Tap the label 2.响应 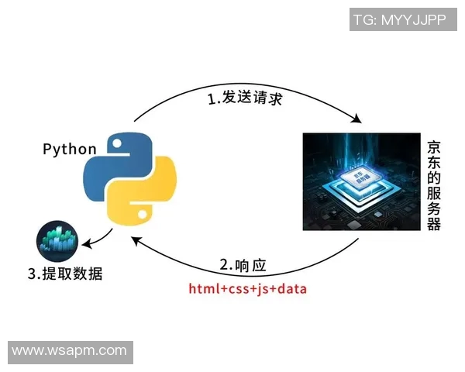tap(243, 265)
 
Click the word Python tap(69, 149)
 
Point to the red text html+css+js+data tap(248, 289)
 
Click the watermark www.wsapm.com tap(70, 351)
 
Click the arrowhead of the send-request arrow tap(358, 119)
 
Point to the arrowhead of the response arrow tap(138, 239)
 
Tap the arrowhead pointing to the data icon tap(87, 245)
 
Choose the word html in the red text tap(204, 289)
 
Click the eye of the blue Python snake tap(116, 143)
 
